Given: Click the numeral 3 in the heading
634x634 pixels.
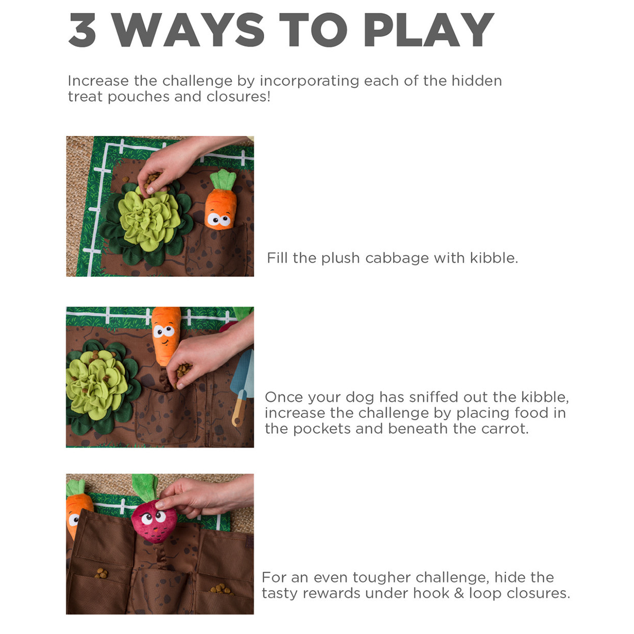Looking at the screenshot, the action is pos(82,30).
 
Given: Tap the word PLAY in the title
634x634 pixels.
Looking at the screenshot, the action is pos(428,30).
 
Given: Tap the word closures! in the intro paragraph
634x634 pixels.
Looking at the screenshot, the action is pos(238,96).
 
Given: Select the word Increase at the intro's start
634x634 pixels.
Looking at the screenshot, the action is pos(98,81).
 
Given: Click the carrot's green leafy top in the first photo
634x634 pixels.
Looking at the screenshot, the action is pos(223,179).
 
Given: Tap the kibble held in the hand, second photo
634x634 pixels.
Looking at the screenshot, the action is pos(183,370).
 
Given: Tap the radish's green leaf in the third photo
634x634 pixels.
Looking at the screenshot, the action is pos(145,487).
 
